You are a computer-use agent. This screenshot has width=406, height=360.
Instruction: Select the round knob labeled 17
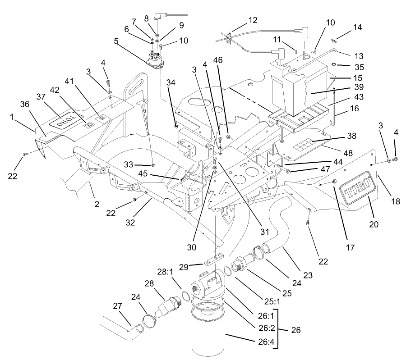pos(335,181)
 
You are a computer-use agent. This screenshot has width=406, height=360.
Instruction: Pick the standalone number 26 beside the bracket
pos(295,330)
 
